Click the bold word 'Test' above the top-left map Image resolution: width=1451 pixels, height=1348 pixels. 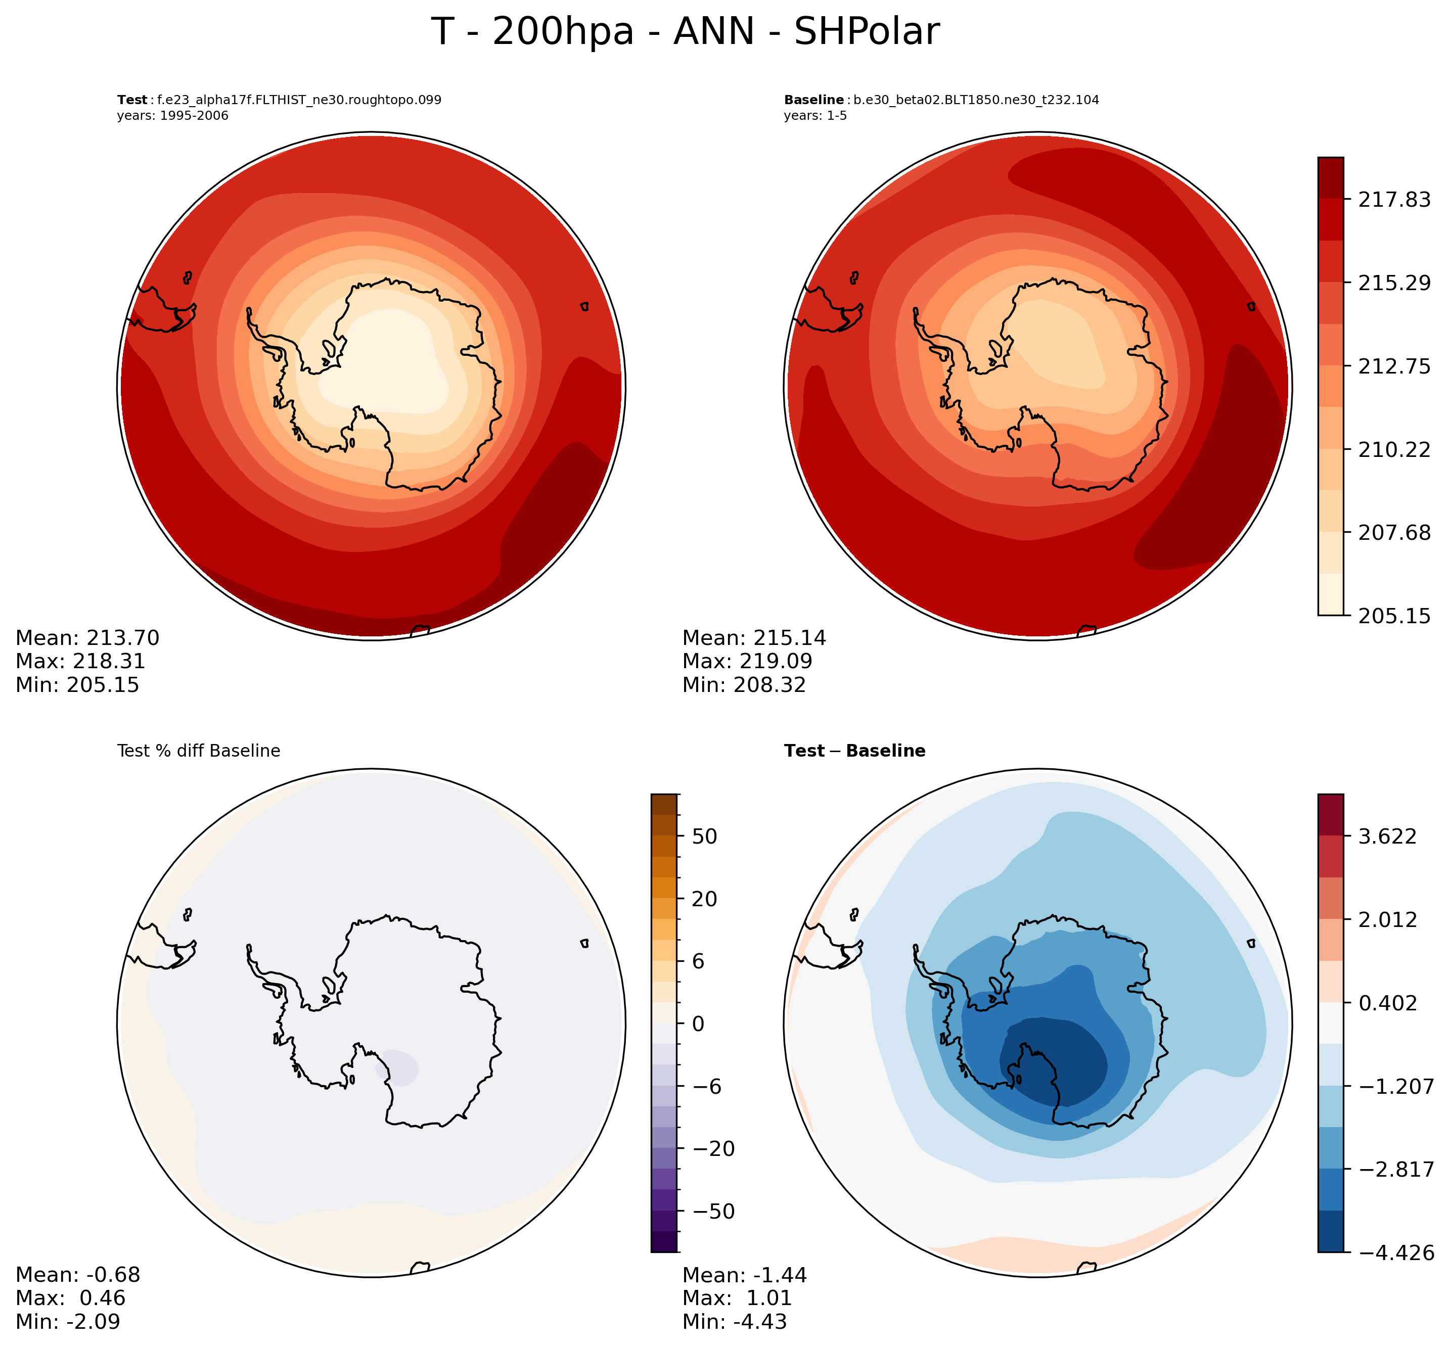coord(132,100)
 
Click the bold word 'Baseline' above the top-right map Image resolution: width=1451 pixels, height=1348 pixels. coord(813,100)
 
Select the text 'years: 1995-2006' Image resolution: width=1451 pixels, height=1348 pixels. coord(172,116)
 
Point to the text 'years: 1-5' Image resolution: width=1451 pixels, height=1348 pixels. coord(815,116)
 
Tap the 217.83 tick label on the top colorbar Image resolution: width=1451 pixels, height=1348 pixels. coord(1393,200)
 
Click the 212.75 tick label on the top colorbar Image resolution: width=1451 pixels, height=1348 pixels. coord(1393,366)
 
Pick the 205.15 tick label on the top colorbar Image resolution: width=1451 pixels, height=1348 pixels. coord(1393,616)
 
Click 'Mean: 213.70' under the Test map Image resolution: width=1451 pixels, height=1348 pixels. coord(87,638)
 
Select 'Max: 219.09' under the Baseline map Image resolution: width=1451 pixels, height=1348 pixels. coord(747,662)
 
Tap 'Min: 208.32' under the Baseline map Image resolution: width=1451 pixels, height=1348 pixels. coord(744,685)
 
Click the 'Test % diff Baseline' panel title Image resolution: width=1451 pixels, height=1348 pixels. coord(198,751)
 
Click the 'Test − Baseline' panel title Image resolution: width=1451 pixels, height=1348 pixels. coord(854,751)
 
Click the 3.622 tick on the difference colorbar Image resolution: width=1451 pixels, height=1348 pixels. coord(1387,836)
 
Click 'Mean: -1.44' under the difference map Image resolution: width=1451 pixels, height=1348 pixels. coord(744,1275)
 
